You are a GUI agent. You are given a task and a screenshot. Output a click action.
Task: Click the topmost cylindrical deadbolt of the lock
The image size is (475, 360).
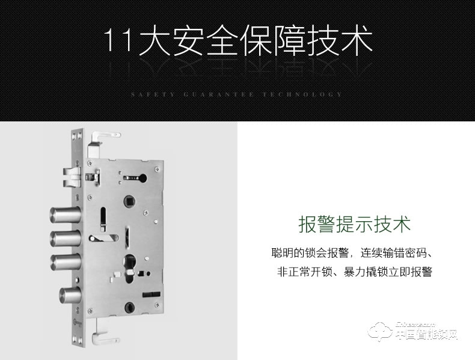click(x=62, y=215)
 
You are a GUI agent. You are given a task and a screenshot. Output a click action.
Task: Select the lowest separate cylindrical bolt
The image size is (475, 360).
click(x=70, y=296)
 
